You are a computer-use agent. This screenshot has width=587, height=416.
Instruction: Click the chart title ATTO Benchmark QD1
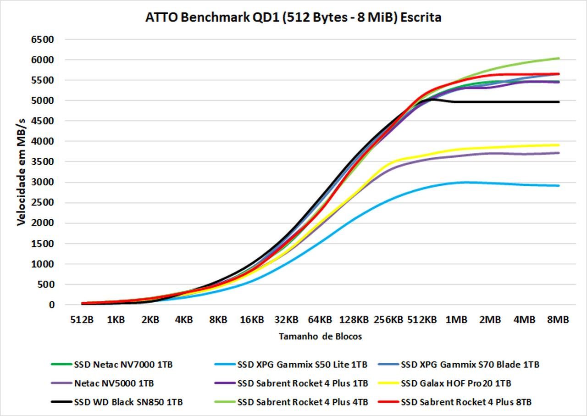pyautogui.click(x=293, y=18)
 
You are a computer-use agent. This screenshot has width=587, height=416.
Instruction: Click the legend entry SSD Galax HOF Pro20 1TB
pyautogui.click(x=456, y=383)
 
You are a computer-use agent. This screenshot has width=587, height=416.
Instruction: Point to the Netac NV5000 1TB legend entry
pyautogui.click(x=113, y=383)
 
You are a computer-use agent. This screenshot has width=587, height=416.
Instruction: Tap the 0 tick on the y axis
pyautogui.click(x=51, y=305)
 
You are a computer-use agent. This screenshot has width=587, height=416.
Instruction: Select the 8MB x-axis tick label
pyautogui.click(x=559, y=320)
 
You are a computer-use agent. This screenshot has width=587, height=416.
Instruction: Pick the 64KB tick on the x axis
pyautogui.click(x=320, y=320)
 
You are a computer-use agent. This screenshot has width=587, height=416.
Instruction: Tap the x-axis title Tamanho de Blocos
pyautogui.click(x=320, y=337)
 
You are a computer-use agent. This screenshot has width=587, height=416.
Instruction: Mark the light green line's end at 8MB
pyautogui.click(x=559, y=58)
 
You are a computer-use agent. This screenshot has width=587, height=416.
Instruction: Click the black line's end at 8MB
pyautogui.click(x=559, y=102)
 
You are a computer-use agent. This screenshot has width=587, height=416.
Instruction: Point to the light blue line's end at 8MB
pyautogui.click(x=559, y=186)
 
